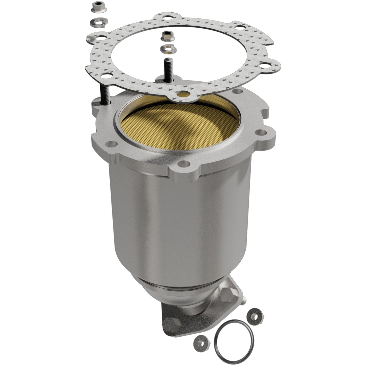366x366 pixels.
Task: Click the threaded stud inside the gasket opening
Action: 168,68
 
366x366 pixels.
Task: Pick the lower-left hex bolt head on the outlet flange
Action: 169,321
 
